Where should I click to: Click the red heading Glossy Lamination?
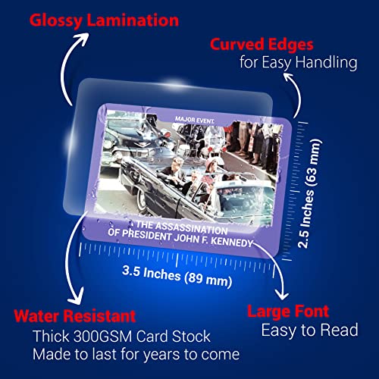point(104,20)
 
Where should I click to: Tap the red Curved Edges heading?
point(262,45)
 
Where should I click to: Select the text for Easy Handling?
point(299,62)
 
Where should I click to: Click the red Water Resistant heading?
point(75,316)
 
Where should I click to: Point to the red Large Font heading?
point(288,312)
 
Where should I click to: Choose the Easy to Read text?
point(309,330)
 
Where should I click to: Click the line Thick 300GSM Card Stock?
point(121,337)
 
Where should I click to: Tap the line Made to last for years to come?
point(136,354)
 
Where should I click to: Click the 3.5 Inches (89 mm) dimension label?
point(177,277)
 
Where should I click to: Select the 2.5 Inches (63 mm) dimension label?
point(309,193)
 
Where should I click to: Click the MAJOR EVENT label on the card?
point(195,121)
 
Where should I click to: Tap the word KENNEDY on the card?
point(231,242)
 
